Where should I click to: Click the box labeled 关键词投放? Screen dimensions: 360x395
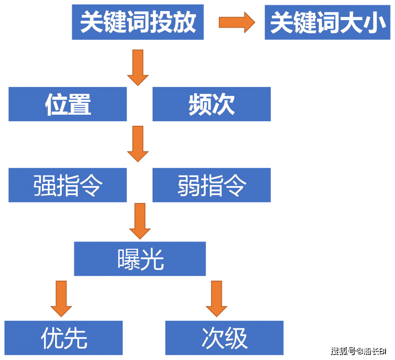[x=138, y=23]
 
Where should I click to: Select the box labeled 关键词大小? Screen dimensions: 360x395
[x=328, y=23]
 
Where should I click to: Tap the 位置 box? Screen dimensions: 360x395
[x=68, y=104]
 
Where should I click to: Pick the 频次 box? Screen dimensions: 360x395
[x=211, y=104]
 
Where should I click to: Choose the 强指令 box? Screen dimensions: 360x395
[x=68, y=185]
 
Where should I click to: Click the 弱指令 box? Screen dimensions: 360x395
[x=211, y=185]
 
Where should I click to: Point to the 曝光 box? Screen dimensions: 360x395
[x=140, y=259]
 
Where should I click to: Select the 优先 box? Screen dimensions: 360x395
[x=64, y=338]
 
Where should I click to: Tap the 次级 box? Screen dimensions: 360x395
[x=224, y=338]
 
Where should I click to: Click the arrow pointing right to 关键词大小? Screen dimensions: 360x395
[x=237, y=22]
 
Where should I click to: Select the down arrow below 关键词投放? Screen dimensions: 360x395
[x=138, y=67]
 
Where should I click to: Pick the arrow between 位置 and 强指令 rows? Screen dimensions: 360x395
[x=138, y=143]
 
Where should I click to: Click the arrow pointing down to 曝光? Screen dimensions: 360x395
[x=140, y=221]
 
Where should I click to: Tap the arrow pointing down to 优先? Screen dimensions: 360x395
[x=61, y=298]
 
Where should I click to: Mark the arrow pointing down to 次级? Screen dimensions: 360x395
[x=216, y=298]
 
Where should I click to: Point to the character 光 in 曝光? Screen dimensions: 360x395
[x=152, y=259]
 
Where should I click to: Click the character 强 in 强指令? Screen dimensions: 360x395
[x=45, y=185]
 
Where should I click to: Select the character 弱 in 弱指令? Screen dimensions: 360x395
[x=189, y=185]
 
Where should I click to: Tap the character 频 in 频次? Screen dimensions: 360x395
[x=200, y=104]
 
